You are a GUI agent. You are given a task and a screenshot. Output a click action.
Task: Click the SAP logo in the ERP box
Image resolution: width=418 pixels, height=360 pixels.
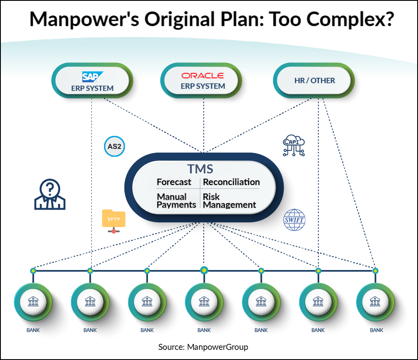coord(92,76)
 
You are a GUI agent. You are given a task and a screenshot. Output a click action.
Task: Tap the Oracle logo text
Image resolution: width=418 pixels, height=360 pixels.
coord(203,75)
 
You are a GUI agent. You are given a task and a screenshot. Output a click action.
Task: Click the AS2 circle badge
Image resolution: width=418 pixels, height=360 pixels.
coord(114,146)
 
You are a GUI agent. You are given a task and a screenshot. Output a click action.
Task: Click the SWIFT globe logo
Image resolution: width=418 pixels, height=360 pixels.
coord(294,220)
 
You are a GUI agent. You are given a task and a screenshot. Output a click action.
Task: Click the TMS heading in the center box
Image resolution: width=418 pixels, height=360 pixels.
coord(200,169)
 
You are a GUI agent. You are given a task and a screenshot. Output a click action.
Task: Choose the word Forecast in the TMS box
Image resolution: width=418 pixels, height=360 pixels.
coord(174,182)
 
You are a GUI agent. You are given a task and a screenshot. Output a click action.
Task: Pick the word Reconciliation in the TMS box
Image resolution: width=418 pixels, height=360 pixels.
coord(231,182)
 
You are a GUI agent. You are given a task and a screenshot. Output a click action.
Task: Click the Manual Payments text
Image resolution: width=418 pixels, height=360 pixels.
coord(176,200)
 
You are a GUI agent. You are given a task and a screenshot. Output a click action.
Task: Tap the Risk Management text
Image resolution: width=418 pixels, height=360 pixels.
coord(229,200)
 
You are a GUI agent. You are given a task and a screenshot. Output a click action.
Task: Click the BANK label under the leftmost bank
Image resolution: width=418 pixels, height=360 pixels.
coord(33,330)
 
